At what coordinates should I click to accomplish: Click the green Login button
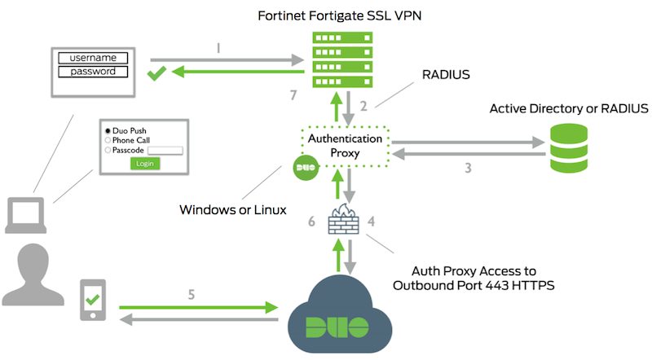pos(145,164)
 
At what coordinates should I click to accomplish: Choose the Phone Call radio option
pos(107,140)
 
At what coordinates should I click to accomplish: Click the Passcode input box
pos(165,151)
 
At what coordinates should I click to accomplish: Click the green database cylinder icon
pos(571,147)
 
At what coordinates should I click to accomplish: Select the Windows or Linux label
pos(233,210)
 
